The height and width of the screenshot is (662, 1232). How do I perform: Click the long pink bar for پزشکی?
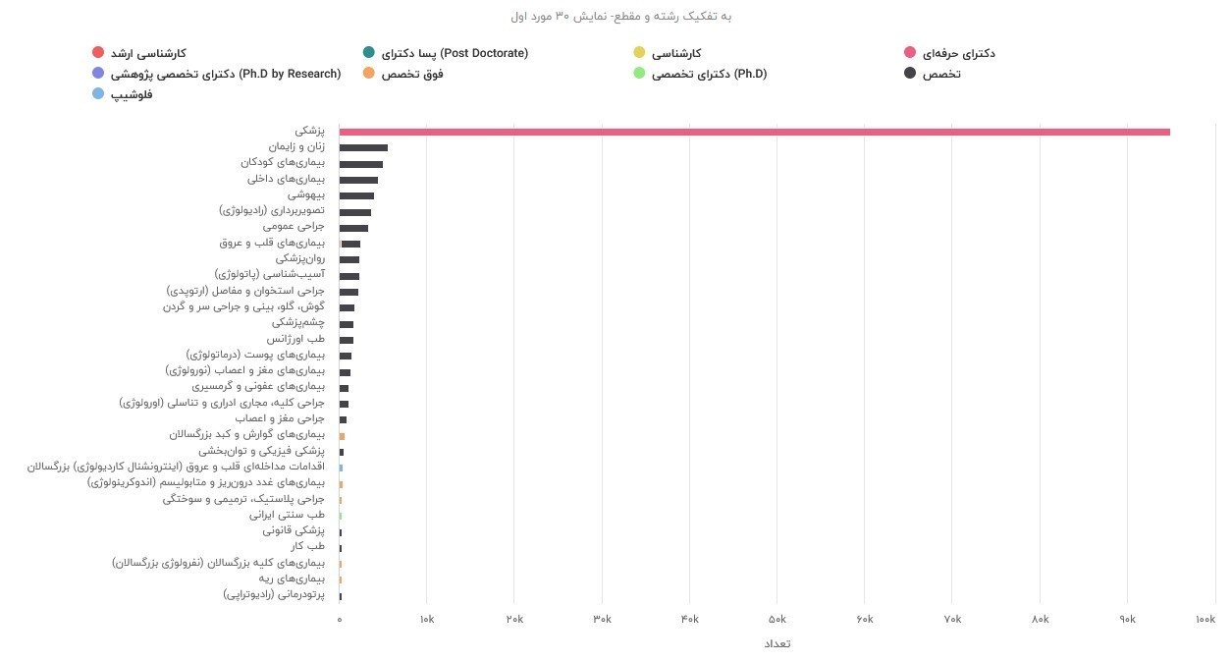(x=754, y=132)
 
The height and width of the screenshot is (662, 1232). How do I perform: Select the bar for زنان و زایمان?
(x=363, y=147)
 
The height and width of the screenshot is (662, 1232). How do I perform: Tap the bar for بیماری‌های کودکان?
(x=361, y=164)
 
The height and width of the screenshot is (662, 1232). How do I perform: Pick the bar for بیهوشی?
(x=356, y=195)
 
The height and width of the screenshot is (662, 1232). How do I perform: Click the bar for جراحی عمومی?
(x=353, y=228)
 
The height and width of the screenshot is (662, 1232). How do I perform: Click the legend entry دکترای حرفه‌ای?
(x=959, y=53)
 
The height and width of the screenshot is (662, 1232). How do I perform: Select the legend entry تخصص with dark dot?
(x=940, y=74)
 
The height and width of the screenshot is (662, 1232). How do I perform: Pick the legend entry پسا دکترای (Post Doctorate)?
(x=455, y=53)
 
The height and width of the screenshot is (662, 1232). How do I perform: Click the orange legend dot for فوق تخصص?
(x=368, y=74)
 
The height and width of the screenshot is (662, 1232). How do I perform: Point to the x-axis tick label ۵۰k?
(x=777, y=619)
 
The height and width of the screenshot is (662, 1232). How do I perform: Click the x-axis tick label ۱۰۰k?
(x=1205, y=619)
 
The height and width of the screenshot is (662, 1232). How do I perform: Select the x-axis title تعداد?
(x=777, y=644)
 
